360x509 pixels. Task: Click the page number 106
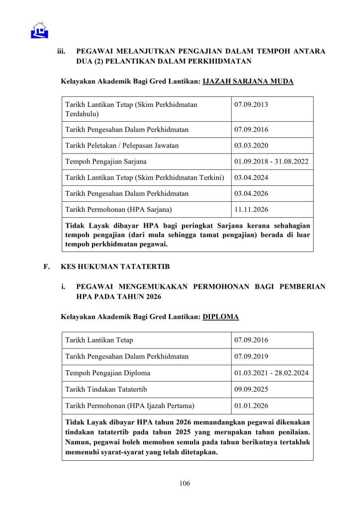coord(185,483)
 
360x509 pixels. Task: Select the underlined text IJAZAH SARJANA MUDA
coord(249,81)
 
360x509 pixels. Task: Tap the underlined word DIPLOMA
coord(221,317)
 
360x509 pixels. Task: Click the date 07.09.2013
coord(251,105)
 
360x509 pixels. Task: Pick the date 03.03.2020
coord(251,146)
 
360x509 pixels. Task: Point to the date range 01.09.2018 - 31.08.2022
coord(271,162)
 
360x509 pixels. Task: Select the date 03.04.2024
coord(251,177)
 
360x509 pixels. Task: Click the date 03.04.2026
coord(251,193)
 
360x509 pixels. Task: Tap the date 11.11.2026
coord(251,209)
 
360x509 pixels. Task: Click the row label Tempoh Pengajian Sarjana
coord(106,162)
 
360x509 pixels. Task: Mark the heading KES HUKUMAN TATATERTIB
coord(115,267)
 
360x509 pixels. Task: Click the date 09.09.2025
coord(251,389)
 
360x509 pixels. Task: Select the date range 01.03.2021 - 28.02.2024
coord(271,373)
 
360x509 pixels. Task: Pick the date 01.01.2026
coord(251,406)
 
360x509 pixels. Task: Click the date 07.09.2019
coord(251,356)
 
